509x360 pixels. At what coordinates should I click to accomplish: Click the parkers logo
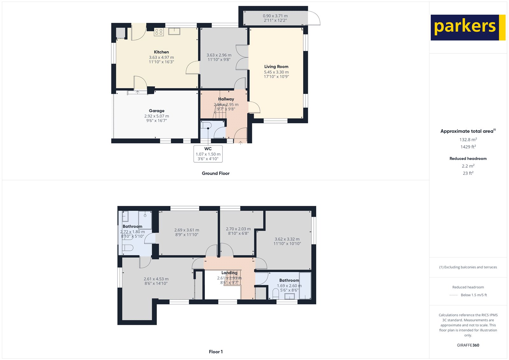[x=468, y=27]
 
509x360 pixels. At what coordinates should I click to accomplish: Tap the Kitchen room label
[x=161, y=52]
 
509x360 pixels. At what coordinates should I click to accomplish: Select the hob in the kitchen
[x=159, y=32]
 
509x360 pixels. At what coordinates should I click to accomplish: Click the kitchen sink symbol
[x=174, y=31]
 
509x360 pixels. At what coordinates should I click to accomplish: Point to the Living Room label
[x=276, y=67]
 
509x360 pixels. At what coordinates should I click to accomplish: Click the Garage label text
[x=157, y=111]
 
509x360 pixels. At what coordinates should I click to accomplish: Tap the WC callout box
[x=208, y=154]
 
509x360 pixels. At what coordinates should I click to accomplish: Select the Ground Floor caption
[x=215, y=173]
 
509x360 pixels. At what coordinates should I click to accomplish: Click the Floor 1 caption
[x=216, y=352]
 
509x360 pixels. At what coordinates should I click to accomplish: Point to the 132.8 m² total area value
[x=468, y=139]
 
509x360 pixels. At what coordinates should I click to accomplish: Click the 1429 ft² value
[x=468, y=147]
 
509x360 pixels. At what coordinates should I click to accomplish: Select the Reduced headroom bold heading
[x=468, y=159]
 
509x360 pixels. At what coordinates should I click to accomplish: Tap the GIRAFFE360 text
[x=468, y=345]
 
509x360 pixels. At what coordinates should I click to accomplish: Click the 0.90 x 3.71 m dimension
[x=275, y=16]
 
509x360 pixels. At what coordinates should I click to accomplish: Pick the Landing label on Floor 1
[x=229, y=272]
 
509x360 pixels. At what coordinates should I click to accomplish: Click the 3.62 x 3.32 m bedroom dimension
[x=287, y=239]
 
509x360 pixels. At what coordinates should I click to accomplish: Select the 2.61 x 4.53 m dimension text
[x=156, y=279]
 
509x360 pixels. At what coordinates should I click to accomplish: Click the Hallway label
[x=226, y=99]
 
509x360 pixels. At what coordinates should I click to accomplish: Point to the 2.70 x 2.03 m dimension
[x=238, y=229]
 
